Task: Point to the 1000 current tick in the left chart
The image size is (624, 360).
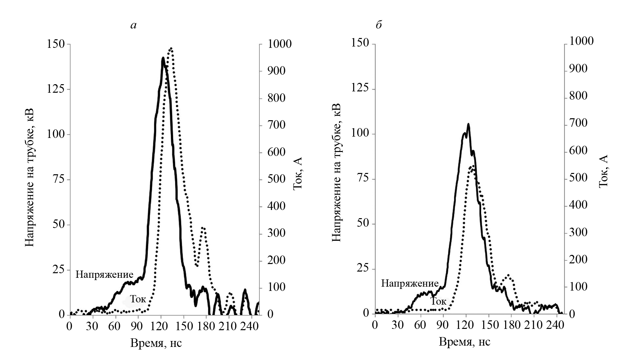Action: click(x=279, y=44)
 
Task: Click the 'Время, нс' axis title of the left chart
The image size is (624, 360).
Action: click(x=156, y=343)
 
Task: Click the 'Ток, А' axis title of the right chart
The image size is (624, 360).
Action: click(x=603, y=171)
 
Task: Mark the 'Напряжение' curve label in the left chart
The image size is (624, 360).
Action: click(x=104, y=274)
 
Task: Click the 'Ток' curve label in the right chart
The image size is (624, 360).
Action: click(x=438, y=301)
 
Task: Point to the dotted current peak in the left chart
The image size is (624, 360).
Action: click(x=171, y=48)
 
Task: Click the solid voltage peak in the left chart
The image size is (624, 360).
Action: click(x=163, y=58)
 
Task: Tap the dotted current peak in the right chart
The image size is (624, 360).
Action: click(x=472, y=167)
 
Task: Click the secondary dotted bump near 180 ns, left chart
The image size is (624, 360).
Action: click(x=203, y=228)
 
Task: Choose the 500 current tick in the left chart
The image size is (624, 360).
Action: click(x=276, y=179)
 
